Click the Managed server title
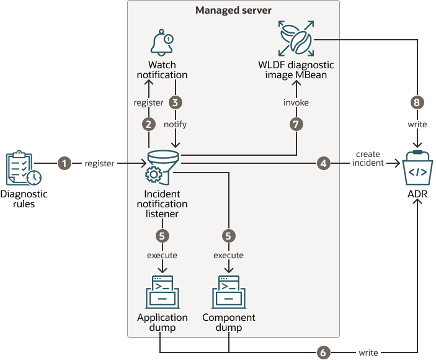pyautogui.click(x=233, y=11)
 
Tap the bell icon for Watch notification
pyautogui.click(x=162, y=44)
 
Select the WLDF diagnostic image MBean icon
pyautogui.click(x=296, y=39)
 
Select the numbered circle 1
pyautogui.click(x=64, y=163)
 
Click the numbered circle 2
pyautogui.click(x=148, y=124)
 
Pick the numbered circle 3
pyautogui.click(x=176, y=102)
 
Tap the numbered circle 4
pyautogui.click(x=323, y=163)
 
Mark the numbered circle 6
pyautogui.click(x=323, y=352)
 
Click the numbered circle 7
pyautogui.click(x=296, y=124)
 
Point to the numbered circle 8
pyautogui.click(x=417, y=102)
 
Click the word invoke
pyautogui.click(x=296, y=102)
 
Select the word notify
pyautogui.click(x=176, y=124)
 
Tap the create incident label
pyautogui.click(x=367, y=158)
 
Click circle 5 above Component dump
pyautogui.click(x=229, y=236)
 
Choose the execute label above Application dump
pyautogui.click(x=162, y=255)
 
